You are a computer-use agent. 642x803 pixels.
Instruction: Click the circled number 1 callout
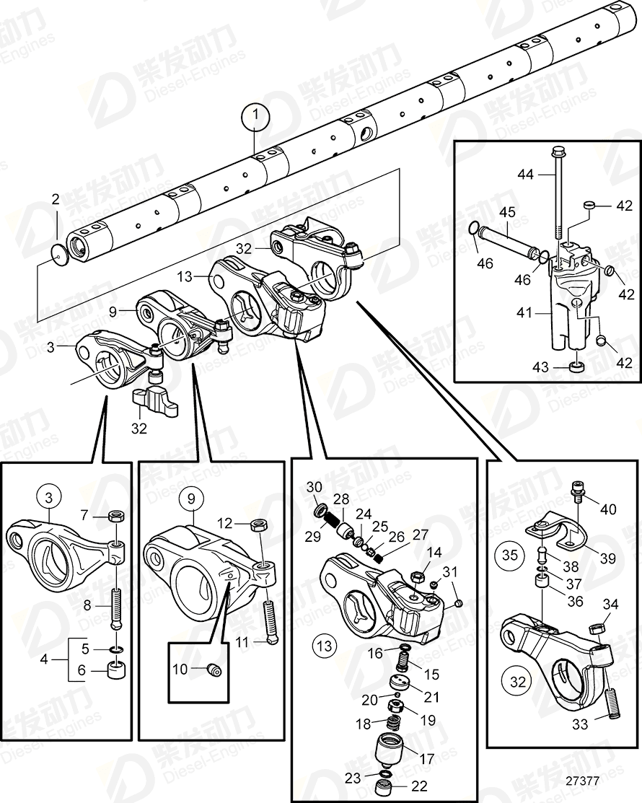point(255,115)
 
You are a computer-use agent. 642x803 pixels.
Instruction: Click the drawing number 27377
point(583,781)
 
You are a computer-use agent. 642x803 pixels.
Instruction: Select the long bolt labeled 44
point(558,195)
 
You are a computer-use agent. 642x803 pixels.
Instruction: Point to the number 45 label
point(507,213)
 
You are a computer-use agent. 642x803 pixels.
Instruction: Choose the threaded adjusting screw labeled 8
point(118,603)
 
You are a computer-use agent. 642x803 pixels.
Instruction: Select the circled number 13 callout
point(325,645)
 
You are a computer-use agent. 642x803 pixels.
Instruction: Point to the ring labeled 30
point(320,512)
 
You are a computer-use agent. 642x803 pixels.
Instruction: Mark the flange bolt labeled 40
point(577,493)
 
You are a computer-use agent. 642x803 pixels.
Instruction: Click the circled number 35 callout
point(510,555)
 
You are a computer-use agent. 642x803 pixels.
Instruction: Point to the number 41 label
point(524,315)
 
